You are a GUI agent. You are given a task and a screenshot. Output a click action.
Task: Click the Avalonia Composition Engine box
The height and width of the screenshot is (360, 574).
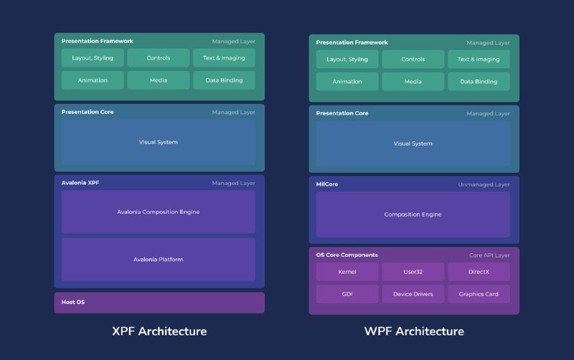158,212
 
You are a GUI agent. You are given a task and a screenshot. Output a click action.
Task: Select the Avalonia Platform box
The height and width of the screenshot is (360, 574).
158,259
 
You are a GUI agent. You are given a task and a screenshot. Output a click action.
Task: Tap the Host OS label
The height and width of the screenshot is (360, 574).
72,302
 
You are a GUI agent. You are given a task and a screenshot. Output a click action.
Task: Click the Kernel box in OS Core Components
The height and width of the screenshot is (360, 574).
347,272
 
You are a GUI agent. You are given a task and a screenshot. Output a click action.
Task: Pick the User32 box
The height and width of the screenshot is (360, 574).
413,272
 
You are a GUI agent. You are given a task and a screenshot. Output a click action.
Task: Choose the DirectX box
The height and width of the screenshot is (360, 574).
479,272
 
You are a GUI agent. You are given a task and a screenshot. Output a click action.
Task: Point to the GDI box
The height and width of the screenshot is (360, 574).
347,294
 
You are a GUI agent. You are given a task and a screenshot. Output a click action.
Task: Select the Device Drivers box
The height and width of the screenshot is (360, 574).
413,294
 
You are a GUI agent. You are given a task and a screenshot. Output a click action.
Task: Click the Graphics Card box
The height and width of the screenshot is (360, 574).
479,294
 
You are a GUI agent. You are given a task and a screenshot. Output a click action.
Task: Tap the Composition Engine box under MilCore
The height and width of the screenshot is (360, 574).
413,214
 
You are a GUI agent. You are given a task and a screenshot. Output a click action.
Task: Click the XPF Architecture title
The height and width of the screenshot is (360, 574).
159,331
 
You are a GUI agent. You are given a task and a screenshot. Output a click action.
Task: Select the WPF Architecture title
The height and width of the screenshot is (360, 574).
413,331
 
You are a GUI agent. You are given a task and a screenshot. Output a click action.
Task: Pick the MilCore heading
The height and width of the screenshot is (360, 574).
327,184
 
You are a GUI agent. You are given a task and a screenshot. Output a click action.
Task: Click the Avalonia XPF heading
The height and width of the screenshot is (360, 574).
80,183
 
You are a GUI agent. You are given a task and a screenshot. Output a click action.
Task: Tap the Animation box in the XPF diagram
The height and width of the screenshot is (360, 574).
93,80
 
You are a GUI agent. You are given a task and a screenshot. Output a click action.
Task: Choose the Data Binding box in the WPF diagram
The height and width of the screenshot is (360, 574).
479,82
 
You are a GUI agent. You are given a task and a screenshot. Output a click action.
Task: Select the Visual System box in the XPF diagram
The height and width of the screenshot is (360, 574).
158,142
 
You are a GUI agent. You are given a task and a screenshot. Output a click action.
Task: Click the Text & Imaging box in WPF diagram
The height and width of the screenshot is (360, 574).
479,60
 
